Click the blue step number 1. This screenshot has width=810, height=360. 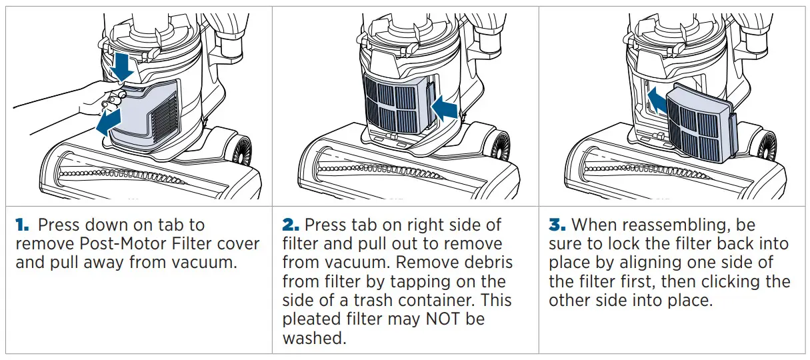22,225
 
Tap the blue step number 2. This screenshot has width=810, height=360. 291,225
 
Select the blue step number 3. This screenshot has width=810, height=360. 557,225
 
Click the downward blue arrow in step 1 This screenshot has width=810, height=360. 122,66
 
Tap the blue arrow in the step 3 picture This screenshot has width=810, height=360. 658,101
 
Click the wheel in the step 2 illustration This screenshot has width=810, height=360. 499,147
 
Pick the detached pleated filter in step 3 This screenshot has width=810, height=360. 701,123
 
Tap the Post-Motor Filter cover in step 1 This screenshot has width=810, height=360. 145,114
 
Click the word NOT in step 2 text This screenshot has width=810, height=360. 443,319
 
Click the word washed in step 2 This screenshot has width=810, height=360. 314,338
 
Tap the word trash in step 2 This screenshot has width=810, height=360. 373,300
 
